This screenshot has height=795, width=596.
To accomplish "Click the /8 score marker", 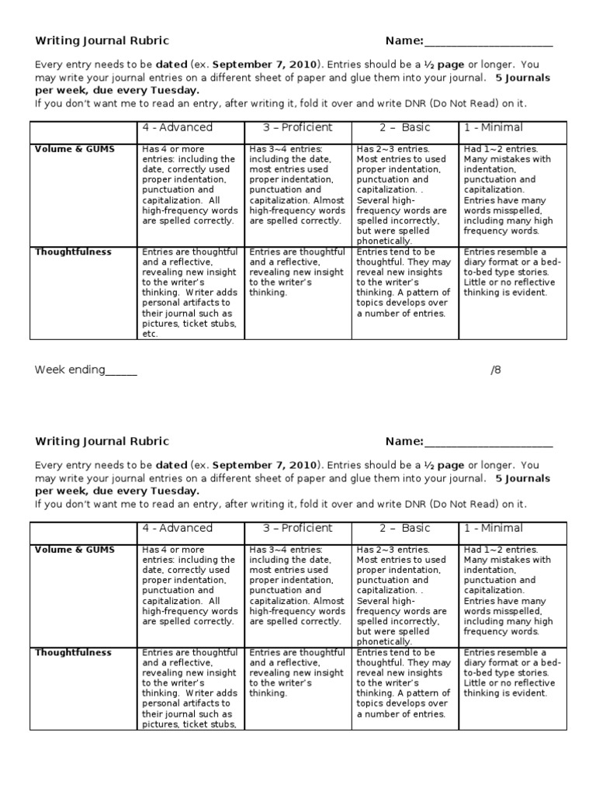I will (496, 370).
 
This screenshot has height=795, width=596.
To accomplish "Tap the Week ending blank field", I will (120, 371).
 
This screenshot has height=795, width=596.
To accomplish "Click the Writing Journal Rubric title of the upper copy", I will (102, 41).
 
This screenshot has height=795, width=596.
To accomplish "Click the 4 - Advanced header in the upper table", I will (177, 127).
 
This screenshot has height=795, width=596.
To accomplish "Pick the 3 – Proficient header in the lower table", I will (297, 528).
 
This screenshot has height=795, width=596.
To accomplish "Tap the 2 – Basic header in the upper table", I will (404, 127).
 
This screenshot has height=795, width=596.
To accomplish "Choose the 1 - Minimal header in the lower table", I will (494, 528).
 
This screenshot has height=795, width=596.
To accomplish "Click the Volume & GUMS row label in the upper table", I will (74, 149).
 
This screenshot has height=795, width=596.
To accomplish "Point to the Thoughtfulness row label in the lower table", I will (73, 653).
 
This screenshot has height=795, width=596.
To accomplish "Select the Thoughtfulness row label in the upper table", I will (73, 252).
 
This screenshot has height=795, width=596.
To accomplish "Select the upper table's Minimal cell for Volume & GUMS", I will (508, 189).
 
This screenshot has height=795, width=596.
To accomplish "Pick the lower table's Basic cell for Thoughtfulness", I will (404, 683).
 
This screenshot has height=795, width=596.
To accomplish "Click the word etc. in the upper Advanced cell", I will (150, 334).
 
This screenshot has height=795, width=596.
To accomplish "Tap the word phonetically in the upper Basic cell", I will (384, 241).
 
